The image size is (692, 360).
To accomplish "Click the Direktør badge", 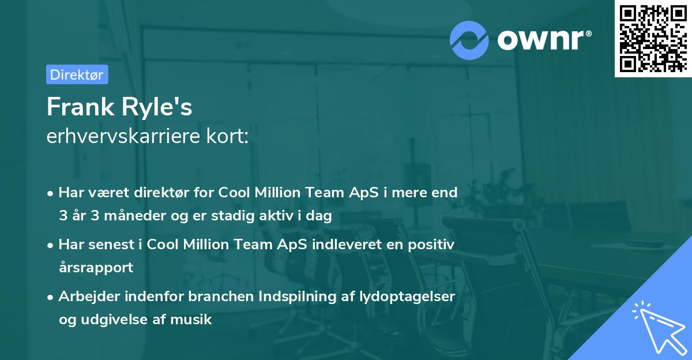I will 77,74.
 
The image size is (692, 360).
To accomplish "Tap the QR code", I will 652,38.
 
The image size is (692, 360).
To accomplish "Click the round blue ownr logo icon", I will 469,40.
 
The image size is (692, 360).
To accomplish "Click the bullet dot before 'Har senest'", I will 51,245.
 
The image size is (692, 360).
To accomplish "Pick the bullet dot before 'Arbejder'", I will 51,297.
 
